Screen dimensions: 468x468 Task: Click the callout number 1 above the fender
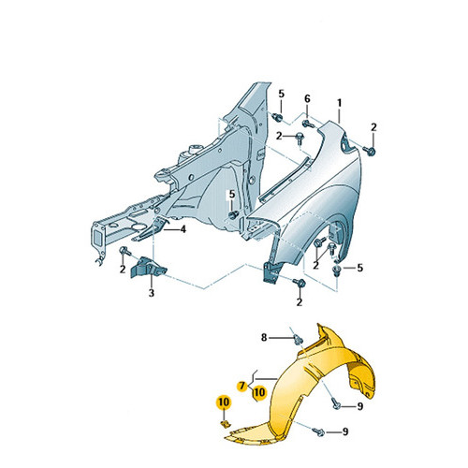click(x=339, y=103)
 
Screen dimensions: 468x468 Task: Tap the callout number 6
click(x=307, y=99)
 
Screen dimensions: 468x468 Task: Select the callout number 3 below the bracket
click(x=152, y=293)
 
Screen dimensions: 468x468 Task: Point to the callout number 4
click(x=183, y=229)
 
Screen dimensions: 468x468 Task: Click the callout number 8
click(x=264, y=337)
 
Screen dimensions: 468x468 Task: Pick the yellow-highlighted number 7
click(x=241, y=387)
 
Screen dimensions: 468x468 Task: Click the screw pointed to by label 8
click(x=298, y=339)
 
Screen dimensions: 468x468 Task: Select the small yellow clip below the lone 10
click(x=225, y=424)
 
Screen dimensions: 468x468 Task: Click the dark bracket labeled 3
click(x=148, y=267)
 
